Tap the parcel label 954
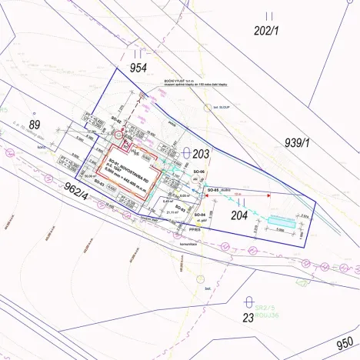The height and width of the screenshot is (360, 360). [138, 68]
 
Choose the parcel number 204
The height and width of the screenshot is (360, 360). [239, 215]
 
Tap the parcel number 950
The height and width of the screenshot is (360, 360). [345, 342]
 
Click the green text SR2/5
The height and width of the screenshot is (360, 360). [265, 304]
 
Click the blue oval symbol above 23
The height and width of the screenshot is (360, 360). [248, 302]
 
